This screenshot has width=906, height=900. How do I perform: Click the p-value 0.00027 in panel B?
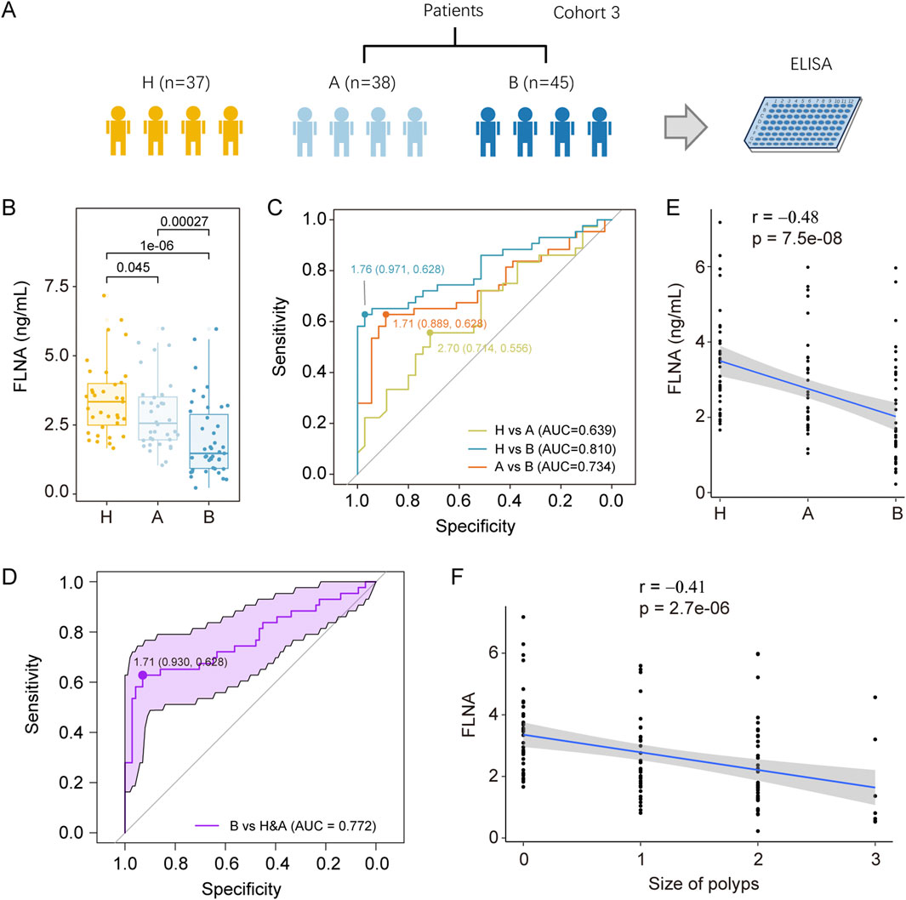point(185,219)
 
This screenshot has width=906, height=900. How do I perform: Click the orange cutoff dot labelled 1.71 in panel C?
point(386,315)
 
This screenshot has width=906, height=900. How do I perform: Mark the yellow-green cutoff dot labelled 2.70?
point(430,333)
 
